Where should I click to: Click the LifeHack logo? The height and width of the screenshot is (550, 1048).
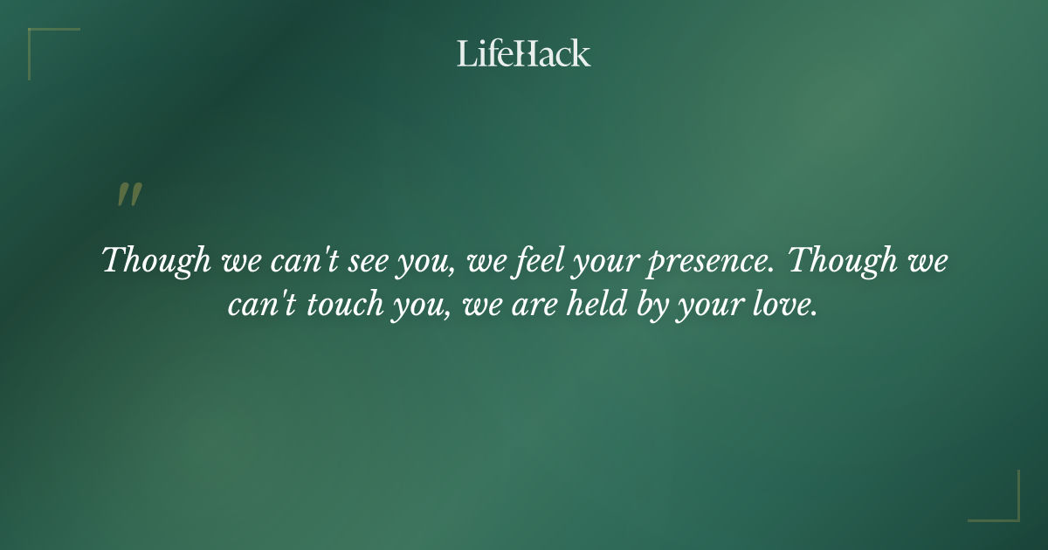523,54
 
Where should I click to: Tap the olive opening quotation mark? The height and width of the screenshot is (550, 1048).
128,196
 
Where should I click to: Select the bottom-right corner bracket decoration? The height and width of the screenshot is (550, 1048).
1004,506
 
